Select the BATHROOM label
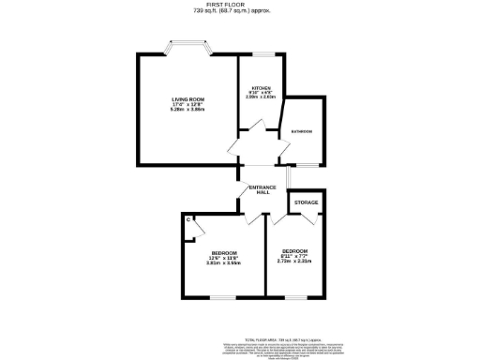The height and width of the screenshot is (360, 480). (x=302, y=131)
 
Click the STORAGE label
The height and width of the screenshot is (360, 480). (x=307, y=202)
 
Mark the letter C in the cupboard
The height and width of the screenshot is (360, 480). (x=187, y=219)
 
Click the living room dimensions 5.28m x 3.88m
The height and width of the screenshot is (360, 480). (x=187, y=110)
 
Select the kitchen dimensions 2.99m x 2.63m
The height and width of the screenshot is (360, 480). (x=260, y=97)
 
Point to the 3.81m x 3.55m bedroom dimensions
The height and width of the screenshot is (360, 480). (x=224, y=262)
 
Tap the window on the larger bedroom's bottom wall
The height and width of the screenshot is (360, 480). (x=224, y=297)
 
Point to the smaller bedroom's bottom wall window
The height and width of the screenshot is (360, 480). (x=296, y=297)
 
